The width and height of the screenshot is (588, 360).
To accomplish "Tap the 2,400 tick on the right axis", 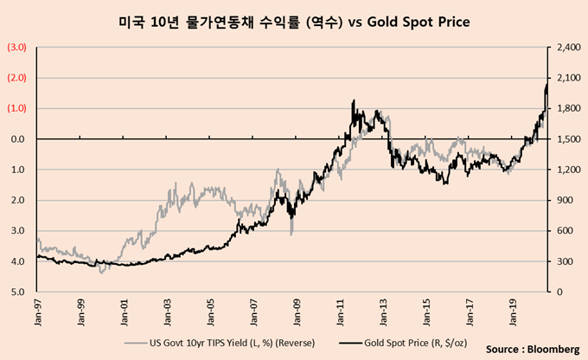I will pos(566,48).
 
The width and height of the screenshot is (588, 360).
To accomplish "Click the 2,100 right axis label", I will pos(566,78).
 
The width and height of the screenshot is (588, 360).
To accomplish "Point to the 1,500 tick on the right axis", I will pos(566,139).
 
